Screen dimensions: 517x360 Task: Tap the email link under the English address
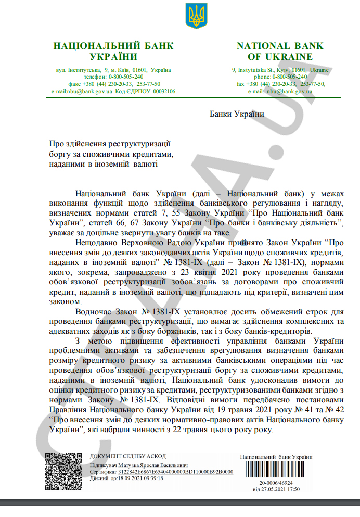pyautogui.click(x=289, y=91)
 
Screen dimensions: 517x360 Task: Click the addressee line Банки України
pyautogui.click(x=237, y=114)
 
